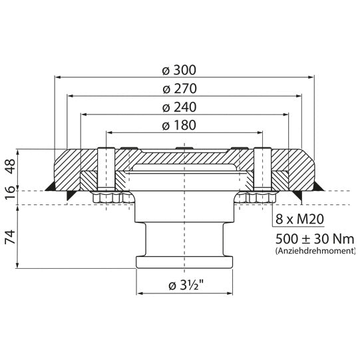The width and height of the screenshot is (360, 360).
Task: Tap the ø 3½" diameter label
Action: tap(183, 285)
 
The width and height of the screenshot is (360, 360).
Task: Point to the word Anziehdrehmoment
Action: tap(314, 252)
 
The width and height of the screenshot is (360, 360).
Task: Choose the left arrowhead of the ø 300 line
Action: tap(56, 78)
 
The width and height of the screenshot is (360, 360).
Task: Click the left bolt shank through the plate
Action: tap(102, 170)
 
